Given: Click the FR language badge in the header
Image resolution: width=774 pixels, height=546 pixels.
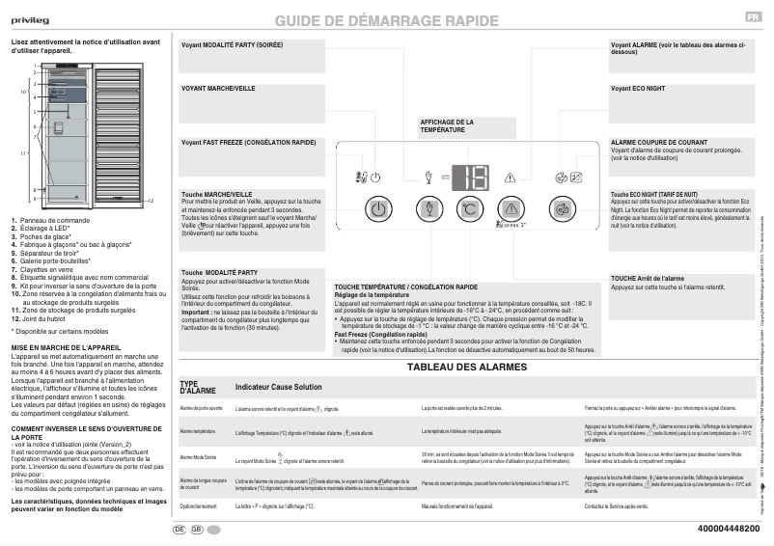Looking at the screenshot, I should (751, 18).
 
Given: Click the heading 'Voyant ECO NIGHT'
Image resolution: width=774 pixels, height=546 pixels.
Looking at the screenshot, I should (638, 88).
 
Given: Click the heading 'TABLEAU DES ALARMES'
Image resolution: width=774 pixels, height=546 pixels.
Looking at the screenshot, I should (467, 368).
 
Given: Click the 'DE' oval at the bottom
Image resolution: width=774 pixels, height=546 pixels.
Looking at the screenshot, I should (180, 530).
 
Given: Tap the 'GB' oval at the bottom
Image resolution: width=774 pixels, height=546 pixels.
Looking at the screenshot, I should (197, 530).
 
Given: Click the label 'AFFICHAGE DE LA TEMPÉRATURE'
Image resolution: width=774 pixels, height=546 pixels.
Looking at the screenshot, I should (446, 125).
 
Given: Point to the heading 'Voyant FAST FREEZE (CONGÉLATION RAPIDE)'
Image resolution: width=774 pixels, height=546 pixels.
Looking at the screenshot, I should (248, 142).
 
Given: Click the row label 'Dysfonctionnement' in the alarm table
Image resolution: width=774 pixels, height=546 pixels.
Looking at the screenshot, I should (198, 505).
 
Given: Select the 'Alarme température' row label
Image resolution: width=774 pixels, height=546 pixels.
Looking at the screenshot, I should (198, 431).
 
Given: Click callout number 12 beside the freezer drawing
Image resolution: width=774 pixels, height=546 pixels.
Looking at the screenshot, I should (152, 201).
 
